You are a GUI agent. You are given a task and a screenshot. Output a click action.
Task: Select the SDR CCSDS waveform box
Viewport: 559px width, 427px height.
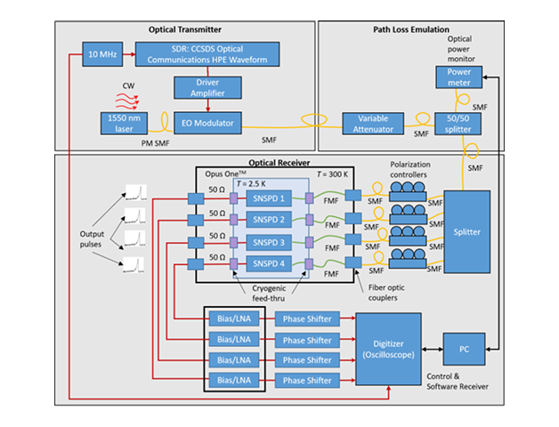coord(209,54)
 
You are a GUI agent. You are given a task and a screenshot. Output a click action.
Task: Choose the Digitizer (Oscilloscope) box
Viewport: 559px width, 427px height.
coord(388,341)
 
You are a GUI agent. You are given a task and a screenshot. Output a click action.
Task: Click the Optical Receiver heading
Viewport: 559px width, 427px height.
coord(279,164)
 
